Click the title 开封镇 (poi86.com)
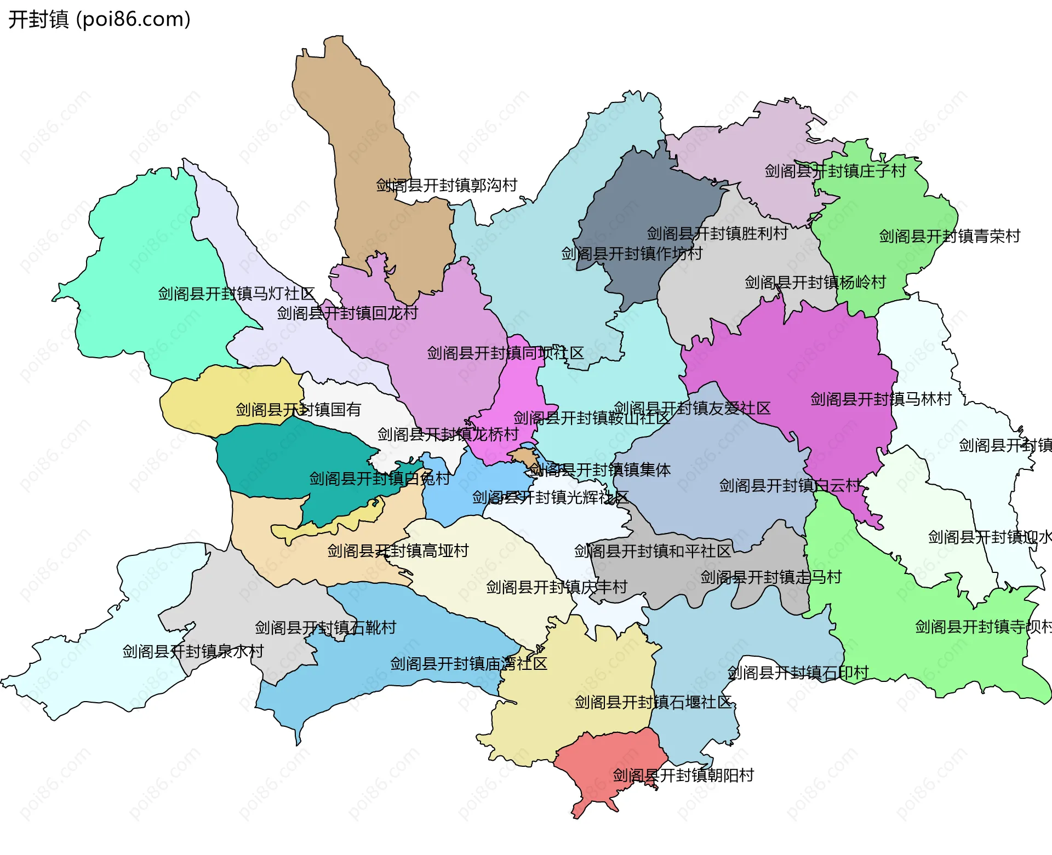(x=99, y=19)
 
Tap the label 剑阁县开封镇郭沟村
(x=447, y=186)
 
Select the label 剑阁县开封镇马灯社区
(x=236, y=294)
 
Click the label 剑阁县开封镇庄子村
(x=835, y=171)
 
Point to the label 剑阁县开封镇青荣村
(x=950, y=237)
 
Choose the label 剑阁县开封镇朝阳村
(x=683, y=776)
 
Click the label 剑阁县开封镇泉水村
(x=193, y=652)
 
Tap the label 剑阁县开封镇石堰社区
(x=653, y=703)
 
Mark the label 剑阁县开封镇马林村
(x=881, y=399)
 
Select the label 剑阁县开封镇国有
(x=298, y=410)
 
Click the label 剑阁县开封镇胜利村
(x=717, y=234)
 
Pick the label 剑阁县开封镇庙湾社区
(x=468, y=664)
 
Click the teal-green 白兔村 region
(x=290, y=455)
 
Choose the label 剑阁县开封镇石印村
(x=798, y=673)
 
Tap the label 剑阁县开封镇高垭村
(x=398, y=551)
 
